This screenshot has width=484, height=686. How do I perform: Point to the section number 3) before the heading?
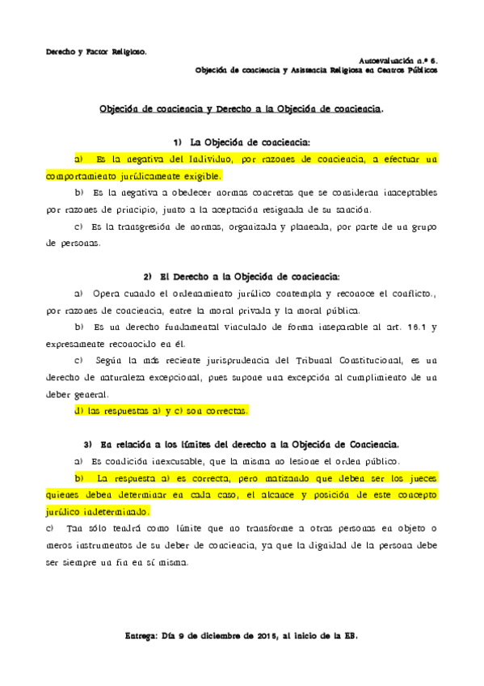pos(88,445)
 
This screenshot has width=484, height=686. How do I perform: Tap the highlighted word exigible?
pos(199,176)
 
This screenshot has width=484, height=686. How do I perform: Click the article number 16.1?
pos(413,327)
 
